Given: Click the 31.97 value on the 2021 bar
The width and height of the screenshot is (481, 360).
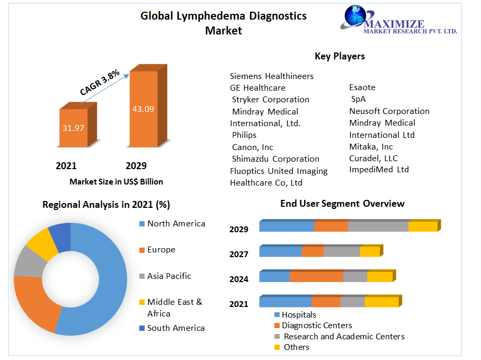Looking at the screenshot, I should tap(73, 128).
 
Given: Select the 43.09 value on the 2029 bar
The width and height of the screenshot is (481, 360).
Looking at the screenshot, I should tap(143, 109).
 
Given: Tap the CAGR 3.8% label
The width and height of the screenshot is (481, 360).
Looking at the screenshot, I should tap(100, 83).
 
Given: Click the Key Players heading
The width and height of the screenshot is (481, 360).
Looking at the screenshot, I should tap(340, 56).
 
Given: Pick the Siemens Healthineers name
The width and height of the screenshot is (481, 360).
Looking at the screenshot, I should tap(272, 76).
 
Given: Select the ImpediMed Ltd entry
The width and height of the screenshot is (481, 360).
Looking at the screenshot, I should tap(379, 170).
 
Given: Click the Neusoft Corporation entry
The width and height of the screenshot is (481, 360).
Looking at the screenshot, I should tap(389, 111).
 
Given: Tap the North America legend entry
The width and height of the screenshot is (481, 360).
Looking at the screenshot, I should tap(176, 224).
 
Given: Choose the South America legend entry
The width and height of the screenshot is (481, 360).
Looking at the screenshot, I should tap(176, 328).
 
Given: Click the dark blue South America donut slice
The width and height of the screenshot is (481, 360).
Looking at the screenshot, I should tap(60, 236).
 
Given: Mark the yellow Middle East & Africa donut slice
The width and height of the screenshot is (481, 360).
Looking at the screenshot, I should tap(41, 244).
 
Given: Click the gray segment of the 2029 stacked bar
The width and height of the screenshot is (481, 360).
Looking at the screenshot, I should tap(378, 226).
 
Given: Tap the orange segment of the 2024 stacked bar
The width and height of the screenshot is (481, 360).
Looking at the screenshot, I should tap(316, 277).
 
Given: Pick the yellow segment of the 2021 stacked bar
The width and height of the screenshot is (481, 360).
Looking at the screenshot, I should tap(381, 302).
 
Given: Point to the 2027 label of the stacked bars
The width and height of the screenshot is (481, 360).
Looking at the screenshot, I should tap(239, 254).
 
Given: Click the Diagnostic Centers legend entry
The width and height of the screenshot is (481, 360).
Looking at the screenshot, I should tap(316, 326).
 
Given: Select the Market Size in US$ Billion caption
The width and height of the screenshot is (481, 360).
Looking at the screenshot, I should tap(116, 182).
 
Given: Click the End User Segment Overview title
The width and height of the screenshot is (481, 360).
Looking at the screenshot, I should tap(342, 204).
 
